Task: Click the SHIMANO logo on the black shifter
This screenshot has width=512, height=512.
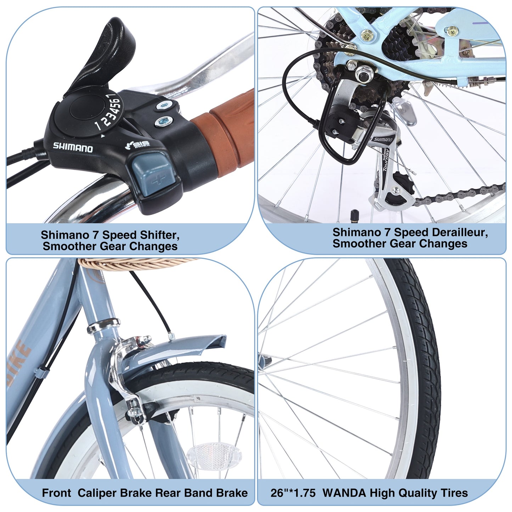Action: point(73,147)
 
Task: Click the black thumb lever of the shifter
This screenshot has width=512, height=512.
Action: point(106,53)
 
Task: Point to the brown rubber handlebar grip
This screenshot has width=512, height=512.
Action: point(227,135)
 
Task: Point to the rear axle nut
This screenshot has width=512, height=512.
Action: point(362,75)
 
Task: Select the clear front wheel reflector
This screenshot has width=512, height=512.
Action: point(214,456)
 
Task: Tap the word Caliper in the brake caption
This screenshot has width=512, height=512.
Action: point(97,493)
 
